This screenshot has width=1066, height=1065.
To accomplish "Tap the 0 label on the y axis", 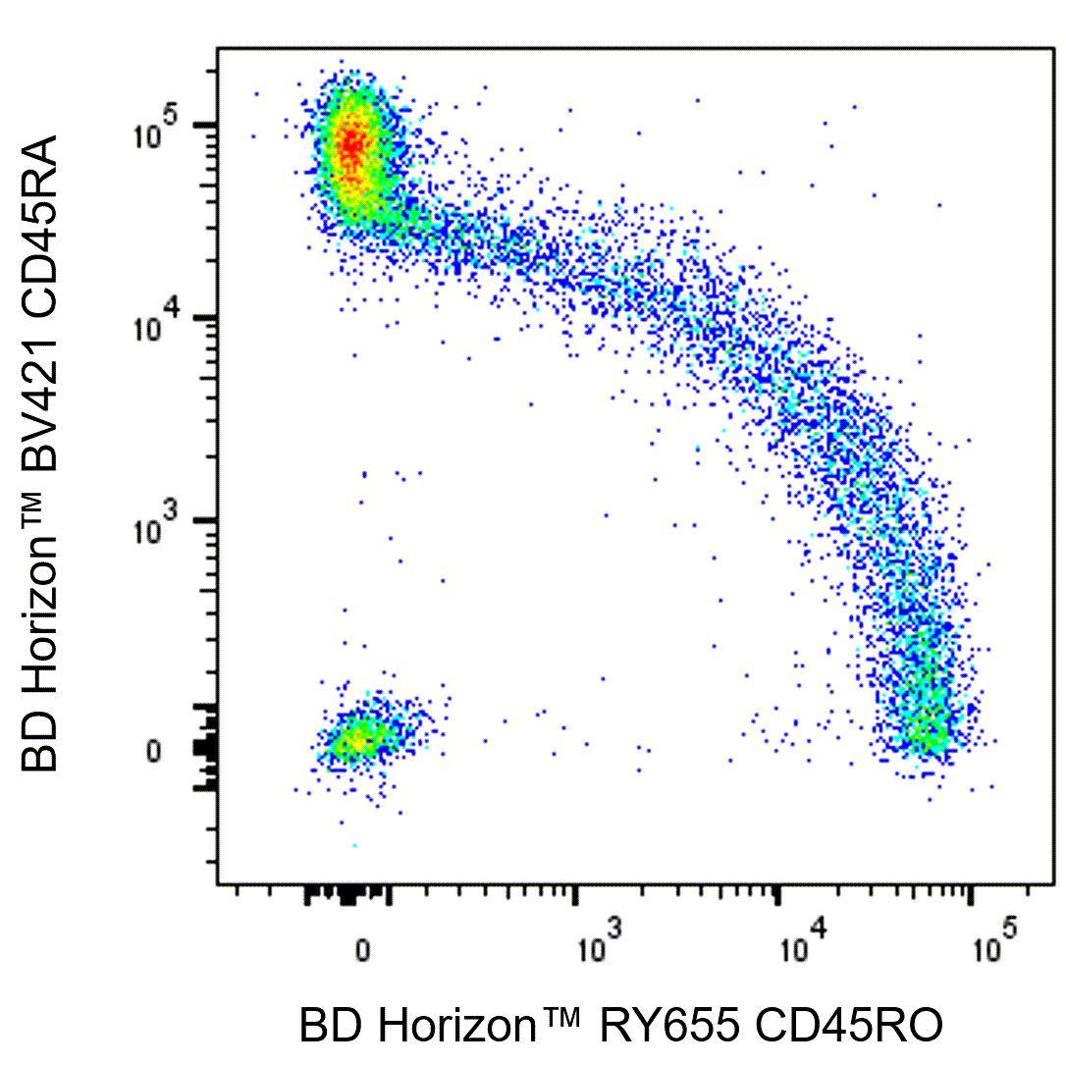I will [x=153, y=751].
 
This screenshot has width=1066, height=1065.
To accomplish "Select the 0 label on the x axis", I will [x=362, y=950].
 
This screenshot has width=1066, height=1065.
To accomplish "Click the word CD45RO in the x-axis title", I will [x=847, y=1026].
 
